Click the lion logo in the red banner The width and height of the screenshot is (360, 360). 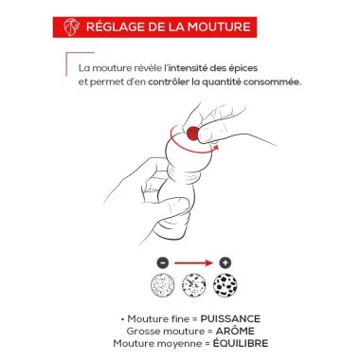70,27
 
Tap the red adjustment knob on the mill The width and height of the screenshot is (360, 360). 192,134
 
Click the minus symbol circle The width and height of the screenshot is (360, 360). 163,262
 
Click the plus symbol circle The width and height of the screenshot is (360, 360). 225,262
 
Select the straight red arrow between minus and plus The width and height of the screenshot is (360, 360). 193,262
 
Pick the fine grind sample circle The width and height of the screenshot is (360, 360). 163,285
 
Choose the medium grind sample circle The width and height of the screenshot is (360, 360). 194,285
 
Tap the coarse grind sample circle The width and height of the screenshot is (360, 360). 225,285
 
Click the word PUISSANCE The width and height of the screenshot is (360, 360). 230,319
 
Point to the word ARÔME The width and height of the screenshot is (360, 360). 235,331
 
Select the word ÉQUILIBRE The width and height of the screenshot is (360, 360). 241,343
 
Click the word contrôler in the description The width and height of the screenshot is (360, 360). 169,82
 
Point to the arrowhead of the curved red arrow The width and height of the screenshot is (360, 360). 215,148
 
